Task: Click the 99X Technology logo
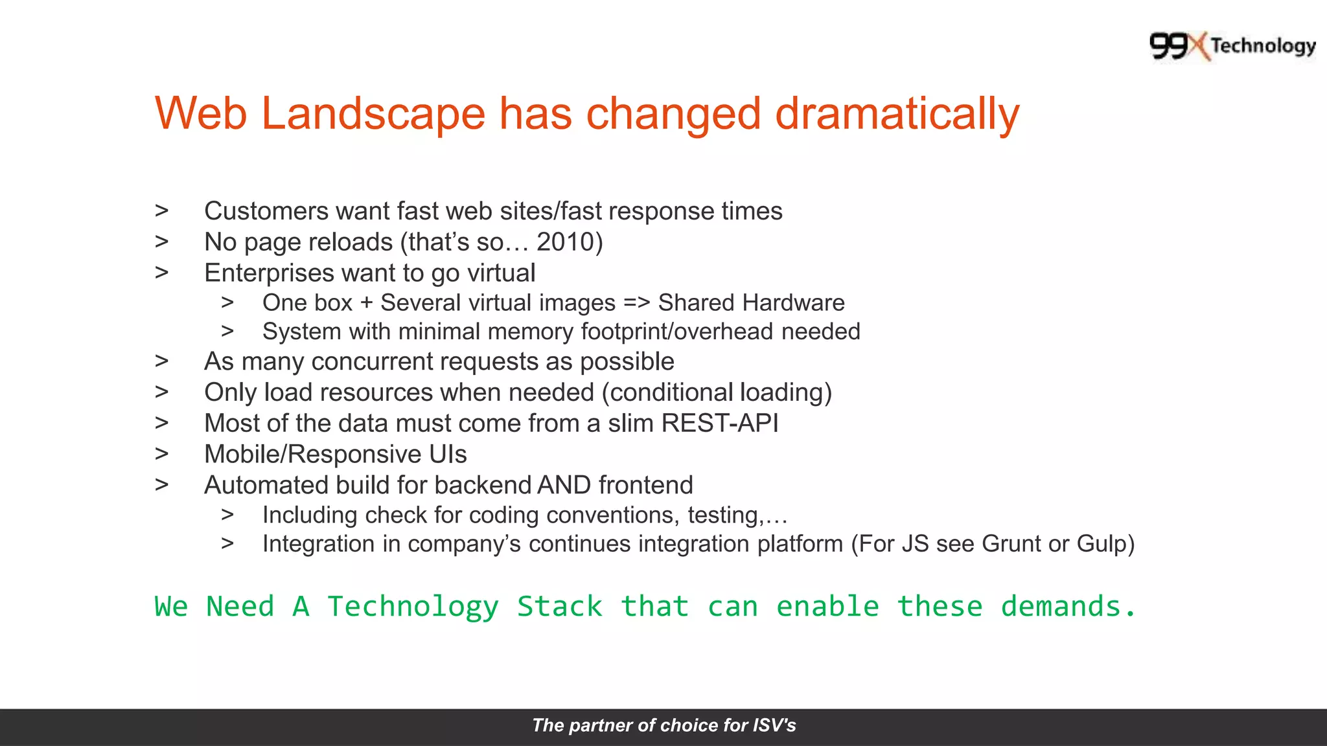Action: (x=1232, y=46)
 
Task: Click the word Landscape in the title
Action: (x=373, y=114)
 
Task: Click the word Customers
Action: (x=266, y=211)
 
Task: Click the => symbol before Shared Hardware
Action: (x=636, y=303)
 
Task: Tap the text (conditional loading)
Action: (x=717, y=392)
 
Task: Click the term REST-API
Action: (x=719, y=424)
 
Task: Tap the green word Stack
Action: (x=559, y=607)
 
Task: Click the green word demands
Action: (x=1067, y=607)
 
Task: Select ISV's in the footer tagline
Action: (x=774, y=725)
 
